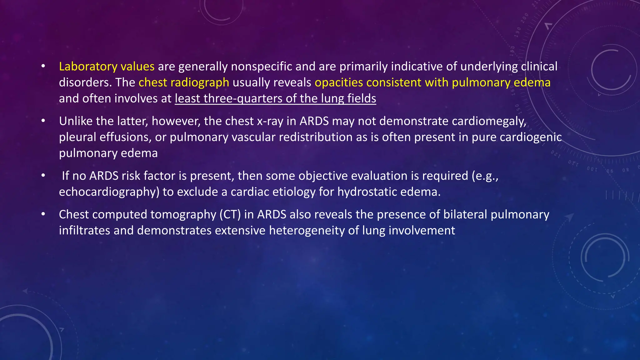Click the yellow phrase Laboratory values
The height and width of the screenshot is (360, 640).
(107, 67)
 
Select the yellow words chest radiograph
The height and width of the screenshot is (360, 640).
(184, 82)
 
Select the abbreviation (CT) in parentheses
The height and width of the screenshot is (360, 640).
(230, 215)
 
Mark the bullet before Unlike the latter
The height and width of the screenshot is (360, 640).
(43, 121)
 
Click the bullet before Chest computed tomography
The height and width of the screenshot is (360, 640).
(43, 214)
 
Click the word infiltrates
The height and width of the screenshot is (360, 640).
(84, 231)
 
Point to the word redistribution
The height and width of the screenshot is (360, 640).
(313, 137)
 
